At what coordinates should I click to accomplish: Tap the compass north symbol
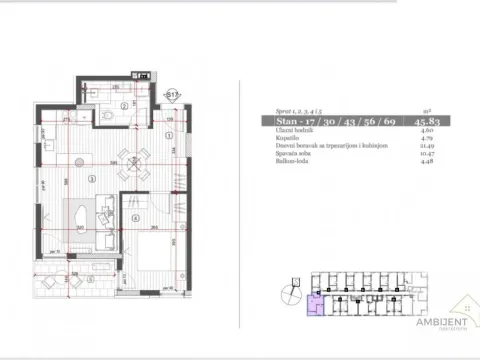pos(289,294)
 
